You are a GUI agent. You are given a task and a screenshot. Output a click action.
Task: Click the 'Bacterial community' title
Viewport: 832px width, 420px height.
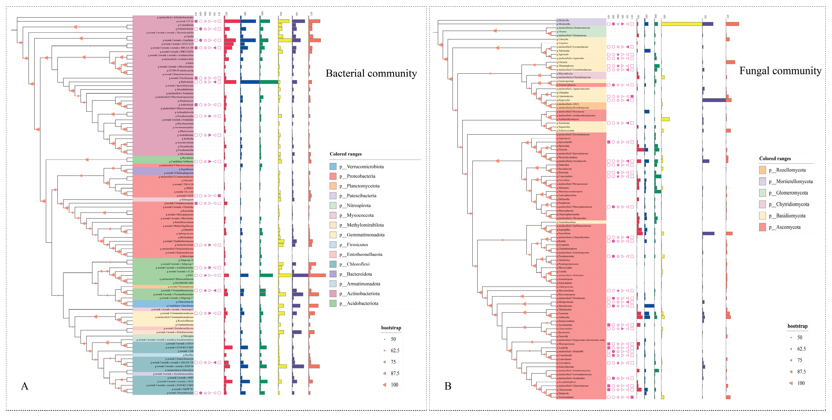(x=371, y=73)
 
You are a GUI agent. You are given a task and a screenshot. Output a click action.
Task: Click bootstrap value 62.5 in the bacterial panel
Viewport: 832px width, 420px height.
(x=395, y=350)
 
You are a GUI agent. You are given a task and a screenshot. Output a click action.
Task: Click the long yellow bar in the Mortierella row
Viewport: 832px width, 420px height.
(x=682, y=24)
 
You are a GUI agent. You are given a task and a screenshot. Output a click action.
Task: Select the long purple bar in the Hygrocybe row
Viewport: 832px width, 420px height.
(x=714, y=100)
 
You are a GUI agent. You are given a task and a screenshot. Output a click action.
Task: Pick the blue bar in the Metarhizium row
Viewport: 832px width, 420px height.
(x=649, y=306)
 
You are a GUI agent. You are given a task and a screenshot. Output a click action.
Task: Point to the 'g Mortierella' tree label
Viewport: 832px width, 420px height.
(x=564, y=24)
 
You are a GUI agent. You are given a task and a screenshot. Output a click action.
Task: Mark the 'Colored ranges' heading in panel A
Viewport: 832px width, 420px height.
(x=346, y=154)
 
